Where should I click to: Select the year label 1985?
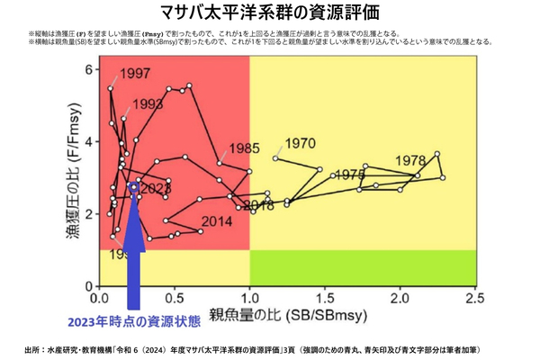[243, 148]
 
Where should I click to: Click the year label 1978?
[409, 161]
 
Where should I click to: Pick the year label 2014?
[217, 221]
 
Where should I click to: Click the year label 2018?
[258, 206]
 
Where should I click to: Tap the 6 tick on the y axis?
[89, 69]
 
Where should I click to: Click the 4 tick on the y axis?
[89, 141]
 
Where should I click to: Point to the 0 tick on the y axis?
[89, 286]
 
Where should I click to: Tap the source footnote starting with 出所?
[270, 348]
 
